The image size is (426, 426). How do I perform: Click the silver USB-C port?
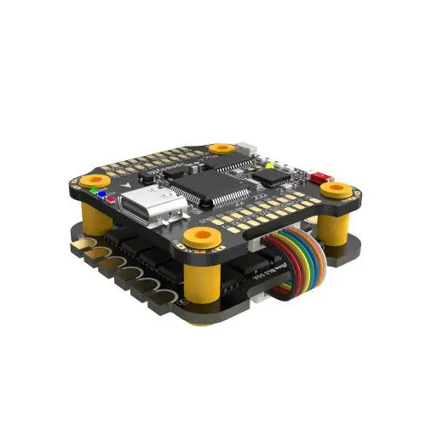[146, 206]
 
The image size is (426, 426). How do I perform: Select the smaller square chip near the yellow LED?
[273, 176]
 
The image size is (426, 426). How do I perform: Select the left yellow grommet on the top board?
[94, 181]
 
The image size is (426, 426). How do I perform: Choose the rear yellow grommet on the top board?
[223, 149]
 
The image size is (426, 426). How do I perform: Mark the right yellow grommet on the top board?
[339, 188]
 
